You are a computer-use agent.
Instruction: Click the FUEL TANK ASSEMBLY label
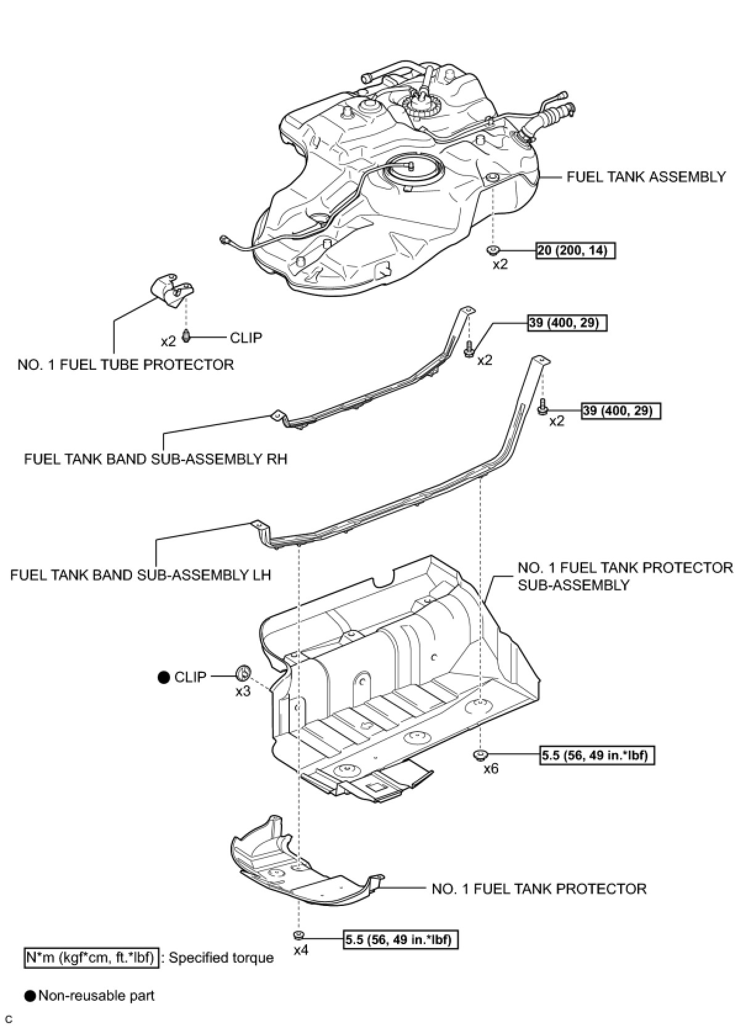[646, 177]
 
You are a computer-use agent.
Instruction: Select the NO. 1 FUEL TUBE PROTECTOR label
[126, 364]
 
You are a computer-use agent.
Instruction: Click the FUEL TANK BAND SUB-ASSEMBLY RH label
[155, 459]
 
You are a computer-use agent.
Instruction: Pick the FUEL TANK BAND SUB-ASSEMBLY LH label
[141, 575]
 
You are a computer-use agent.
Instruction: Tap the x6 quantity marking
[491, 769]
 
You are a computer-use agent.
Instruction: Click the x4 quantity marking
[301, 950]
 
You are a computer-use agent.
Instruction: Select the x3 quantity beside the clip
[243, 691]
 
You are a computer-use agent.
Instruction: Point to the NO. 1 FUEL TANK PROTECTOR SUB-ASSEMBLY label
[625, 576]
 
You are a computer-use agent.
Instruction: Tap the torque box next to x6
[597, 755]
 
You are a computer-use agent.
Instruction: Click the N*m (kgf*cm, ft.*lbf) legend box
[91, 957]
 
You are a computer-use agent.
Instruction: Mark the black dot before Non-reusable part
[30, 995]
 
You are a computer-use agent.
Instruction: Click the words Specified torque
[221, 958]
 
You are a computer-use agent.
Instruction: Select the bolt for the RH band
[469, 350]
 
